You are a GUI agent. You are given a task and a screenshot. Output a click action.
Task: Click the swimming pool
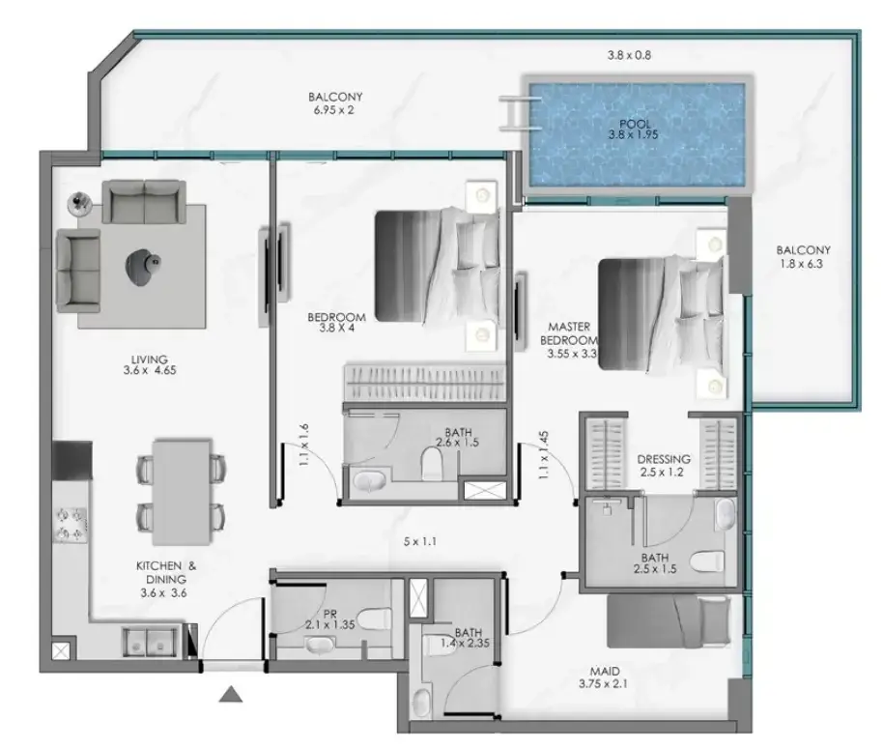pos(637,134)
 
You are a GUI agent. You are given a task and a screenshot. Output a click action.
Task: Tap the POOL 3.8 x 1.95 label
pos(634,129)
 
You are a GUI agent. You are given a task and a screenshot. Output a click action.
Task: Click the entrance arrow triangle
pos(230,694)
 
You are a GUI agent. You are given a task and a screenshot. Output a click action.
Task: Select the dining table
pos(182,492)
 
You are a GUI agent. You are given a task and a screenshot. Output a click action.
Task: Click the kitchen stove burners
pos(70,524)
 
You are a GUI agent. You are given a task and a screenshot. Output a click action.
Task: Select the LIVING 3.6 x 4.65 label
pos(149,364)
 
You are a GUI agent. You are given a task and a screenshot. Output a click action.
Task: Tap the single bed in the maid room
pos(669,621)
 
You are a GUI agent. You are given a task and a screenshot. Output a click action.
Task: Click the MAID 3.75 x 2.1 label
pos(603,677)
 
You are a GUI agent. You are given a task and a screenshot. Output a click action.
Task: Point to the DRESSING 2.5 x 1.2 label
pos(663,465)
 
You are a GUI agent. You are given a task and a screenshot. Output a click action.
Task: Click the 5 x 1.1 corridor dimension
pos(419,542)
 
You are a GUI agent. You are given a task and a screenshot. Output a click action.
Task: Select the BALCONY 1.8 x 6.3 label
pos(802,257)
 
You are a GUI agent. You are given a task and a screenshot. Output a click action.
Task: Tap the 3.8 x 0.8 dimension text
pos(629,55)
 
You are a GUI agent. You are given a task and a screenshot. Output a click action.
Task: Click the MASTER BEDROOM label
pos(568,333)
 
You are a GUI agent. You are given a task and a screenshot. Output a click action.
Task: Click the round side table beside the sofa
pos(79,203)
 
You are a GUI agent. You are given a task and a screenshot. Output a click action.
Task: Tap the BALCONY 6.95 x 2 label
pos(335,103)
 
